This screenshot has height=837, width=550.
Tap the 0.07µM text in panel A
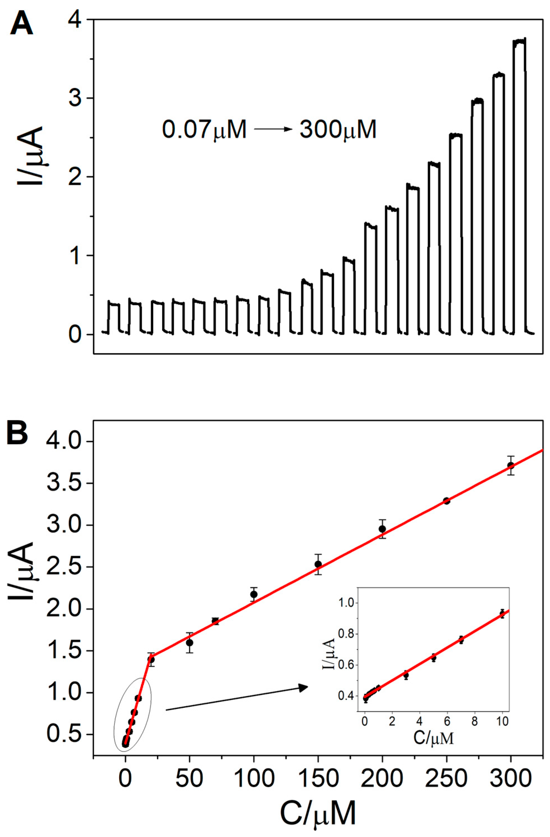204,130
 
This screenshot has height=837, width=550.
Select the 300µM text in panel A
338,130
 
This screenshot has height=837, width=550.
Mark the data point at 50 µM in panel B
189,643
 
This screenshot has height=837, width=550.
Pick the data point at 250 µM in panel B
446,501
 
